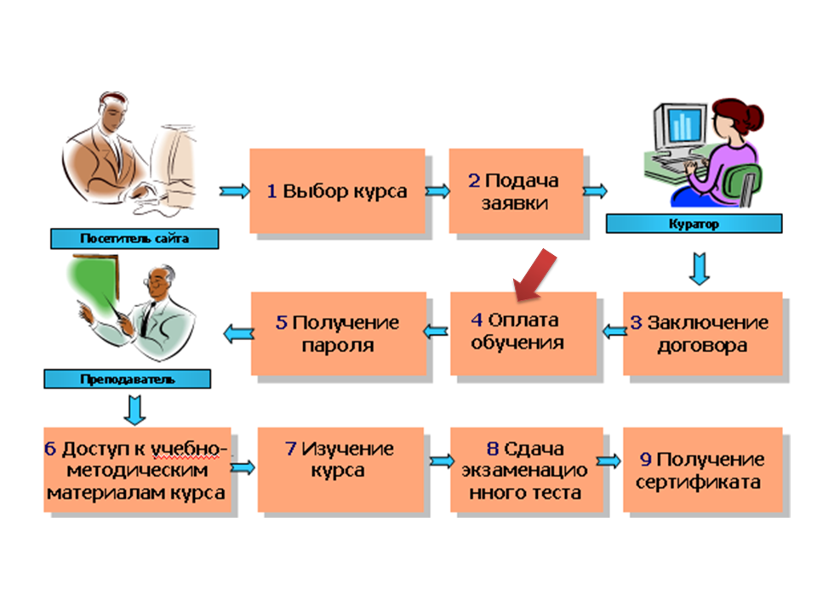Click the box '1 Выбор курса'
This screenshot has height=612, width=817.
click(336, 191)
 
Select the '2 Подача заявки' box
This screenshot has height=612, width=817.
click(516, 192)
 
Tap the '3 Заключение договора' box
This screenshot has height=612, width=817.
click(701, 334)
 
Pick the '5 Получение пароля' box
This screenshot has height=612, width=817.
click(337, 334)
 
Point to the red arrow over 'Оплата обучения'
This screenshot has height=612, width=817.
click(533, 277)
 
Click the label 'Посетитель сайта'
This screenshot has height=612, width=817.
click(134, 239)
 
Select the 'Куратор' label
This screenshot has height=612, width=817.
click(694, 224)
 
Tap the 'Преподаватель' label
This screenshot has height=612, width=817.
click(128, 378)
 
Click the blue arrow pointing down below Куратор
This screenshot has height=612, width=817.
click(700, 267)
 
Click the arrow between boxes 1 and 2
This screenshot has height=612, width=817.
click(437, 191)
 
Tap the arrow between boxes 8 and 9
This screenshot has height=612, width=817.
click(609, 461)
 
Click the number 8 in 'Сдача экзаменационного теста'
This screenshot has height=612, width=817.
click(492, 450)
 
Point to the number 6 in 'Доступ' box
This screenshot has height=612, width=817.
click(52, 450)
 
